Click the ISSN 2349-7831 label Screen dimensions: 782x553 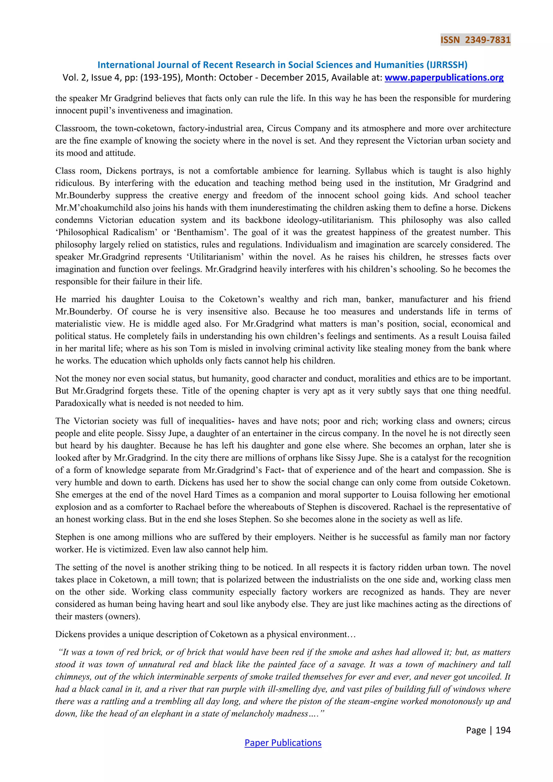[475, 40]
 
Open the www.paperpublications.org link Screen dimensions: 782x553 [444, 78]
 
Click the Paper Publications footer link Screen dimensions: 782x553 [283, 743]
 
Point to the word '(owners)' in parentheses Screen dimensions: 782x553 [124, 616]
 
